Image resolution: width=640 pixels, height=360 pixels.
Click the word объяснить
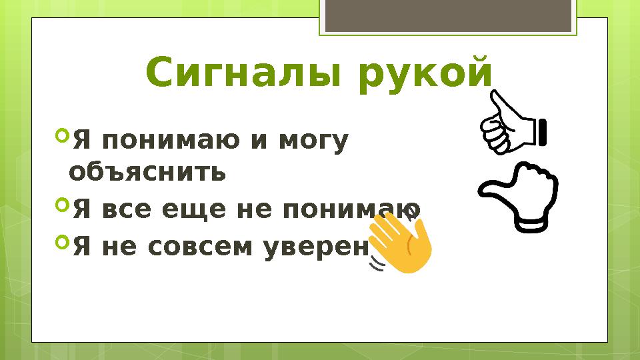coord(147,173)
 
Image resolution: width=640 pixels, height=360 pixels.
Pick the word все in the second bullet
coord(124,211)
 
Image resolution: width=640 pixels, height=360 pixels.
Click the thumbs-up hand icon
coord(510,125)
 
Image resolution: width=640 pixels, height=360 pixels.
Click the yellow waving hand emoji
coord(401,243)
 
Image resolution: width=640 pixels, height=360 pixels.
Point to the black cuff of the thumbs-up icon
coord(542,131)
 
